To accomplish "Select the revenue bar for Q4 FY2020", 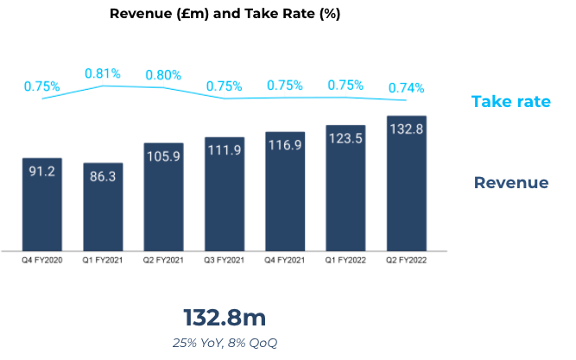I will tap(41, 204).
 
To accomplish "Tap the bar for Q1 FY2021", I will tap(103, 206).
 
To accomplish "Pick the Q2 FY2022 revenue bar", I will tap(407, 182).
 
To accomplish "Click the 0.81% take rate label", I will tap(103, 73).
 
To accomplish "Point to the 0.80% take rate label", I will tap(163, 75).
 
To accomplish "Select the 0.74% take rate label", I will tap(407, 87).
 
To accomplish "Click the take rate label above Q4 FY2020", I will tap(41, 86).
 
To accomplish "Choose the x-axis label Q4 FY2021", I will tap(285, 258).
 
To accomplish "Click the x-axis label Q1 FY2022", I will tap(345, 258).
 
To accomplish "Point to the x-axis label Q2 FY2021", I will tap(163, 258).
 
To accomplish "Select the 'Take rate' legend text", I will tap(510, 102).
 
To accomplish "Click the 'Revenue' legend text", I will tap(510, 183).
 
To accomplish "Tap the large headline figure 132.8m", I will tap(225, 317).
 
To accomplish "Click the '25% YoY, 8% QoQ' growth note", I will tap(225, 343).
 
